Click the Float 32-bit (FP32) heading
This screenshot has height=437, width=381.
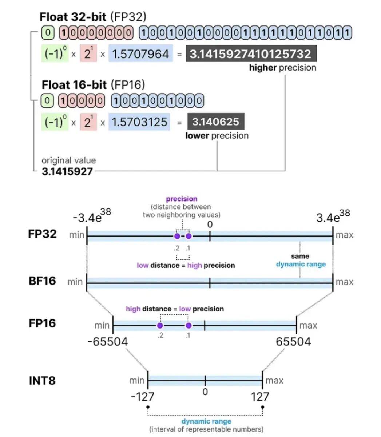coord(93,17)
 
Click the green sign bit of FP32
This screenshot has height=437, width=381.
coord(48,33)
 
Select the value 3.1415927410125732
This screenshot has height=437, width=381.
coord(251,54)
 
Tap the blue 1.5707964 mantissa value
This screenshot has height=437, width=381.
coord(140,54)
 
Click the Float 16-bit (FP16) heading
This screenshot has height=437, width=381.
coord(93,85)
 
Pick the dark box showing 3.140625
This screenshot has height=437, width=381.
coord(216,122)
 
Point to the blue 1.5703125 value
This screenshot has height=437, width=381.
coord(139,122)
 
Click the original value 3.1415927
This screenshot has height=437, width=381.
coord(67,171)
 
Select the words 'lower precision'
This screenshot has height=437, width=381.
coord(217,136)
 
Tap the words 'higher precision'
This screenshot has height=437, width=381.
coord(282,68)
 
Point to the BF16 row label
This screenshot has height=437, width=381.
coord(43,281)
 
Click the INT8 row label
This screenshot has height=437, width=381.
coord(42,381)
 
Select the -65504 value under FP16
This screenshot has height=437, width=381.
coord(108,342)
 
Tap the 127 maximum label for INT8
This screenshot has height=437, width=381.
coord(260,396)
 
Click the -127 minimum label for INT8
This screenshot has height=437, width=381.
coord(143,396)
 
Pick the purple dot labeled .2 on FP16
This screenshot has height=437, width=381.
coord(160,325)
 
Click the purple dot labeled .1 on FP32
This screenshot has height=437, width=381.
coord(188,236)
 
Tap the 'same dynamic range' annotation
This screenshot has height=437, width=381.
coord(301,261)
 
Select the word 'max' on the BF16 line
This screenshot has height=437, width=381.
coord(344,282)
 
